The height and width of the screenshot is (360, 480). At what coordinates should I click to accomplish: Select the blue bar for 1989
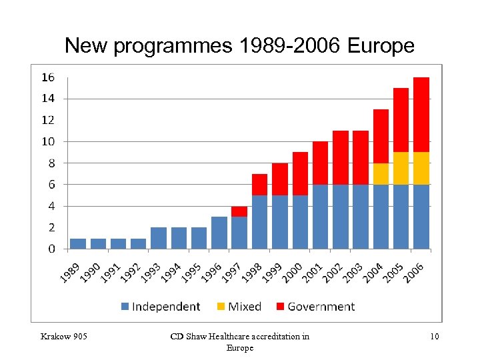(78, 243)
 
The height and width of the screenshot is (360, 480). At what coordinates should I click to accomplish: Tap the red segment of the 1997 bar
(239, 211)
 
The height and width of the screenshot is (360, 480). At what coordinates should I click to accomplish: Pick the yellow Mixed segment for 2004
(381, 173)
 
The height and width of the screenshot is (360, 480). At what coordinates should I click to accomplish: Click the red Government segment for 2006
(421, 115)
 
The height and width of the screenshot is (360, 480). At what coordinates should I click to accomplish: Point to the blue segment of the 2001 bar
(320, 217)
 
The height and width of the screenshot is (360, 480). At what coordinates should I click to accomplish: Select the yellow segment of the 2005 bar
(401, 168)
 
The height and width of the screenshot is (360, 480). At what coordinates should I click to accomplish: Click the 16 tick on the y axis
(48, 77)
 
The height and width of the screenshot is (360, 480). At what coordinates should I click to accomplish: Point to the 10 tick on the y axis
(48, 141)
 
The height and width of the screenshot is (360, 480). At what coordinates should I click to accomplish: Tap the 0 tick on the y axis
(51, 249)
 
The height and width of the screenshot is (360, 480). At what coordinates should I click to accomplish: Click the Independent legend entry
(160, 307)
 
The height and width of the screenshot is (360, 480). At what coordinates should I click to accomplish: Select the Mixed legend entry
(239, 307)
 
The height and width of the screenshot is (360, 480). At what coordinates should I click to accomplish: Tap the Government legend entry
(315, 307)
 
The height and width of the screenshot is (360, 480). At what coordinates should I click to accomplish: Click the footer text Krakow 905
(63, 336)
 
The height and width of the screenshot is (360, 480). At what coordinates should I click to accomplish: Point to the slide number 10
(434, 336)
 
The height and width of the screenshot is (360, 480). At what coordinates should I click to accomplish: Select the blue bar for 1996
(219, 233)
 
